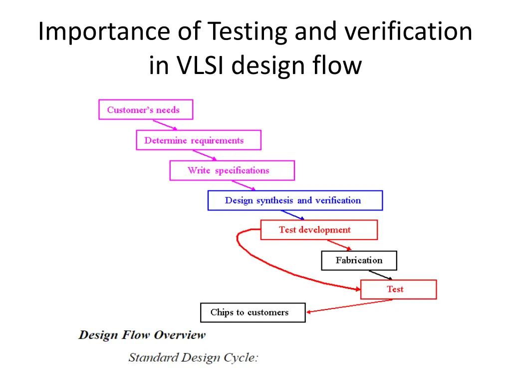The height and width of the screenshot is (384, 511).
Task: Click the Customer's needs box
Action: (x=145, y=109)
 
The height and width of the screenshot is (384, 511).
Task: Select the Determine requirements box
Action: (x=198, y=140)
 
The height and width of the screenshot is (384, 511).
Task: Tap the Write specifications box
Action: (x=232, y=170)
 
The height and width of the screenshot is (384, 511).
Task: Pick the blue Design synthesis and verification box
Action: (x=295, y=200)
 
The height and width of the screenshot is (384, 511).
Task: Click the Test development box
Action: (x=319, y=230)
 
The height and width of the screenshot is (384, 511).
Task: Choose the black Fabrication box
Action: (x=359, y=260)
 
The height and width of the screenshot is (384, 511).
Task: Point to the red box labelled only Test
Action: (x=398, y=289)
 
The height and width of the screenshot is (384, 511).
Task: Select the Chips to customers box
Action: (x=253, y=312)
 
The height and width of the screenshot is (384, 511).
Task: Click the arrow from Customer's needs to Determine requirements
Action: (x=165, y=124)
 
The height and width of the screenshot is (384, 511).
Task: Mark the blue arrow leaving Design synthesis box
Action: (x=293, y=215)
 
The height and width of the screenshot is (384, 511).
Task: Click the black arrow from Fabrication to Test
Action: (x=381, y=275)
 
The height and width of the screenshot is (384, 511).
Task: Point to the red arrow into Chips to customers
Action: (x=349, y=306)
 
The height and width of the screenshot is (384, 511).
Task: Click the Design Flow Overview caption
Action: (x=142, y=335)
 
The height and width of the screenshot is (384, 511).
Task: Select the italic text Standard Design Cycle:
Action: (x=193, y=357)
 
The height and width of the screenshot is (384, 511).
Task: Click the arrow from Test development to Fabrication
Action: (x=339, y=245)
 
